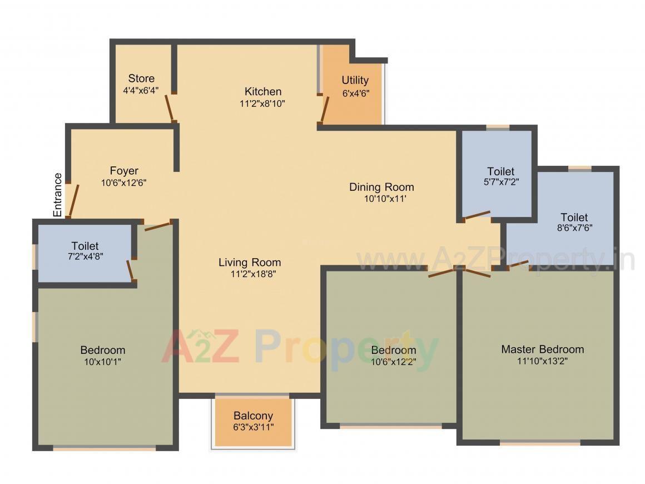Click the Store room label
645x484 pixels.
[x=141, y=78]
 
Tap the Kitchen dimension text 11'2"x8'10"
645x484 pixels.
[x=262, y=103]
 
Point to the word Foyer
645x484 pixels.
[x=123, y=171]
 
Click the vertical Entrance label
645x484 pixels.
[x=58, y=195]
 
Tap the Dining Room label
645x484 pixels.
[x=381, y=187]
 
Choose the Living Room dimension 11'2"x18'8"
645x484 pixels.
[x=249, y=274]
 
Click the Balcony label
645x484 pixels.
[x=253, y=416]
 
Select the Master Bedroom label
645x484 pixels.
[x=542, y=349]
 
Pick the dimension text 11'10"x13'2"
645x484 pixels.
[x=542, y=360]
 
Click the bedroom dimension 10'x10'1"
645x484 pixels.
[x=102, y=361]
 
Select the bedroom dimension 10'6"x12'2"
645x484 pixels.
[x=393, y=361]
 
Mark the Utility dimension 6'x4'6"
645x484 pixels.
[x=356, y=93]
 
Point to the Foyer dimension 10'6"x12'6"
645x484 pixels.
[x=123, y=182]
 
